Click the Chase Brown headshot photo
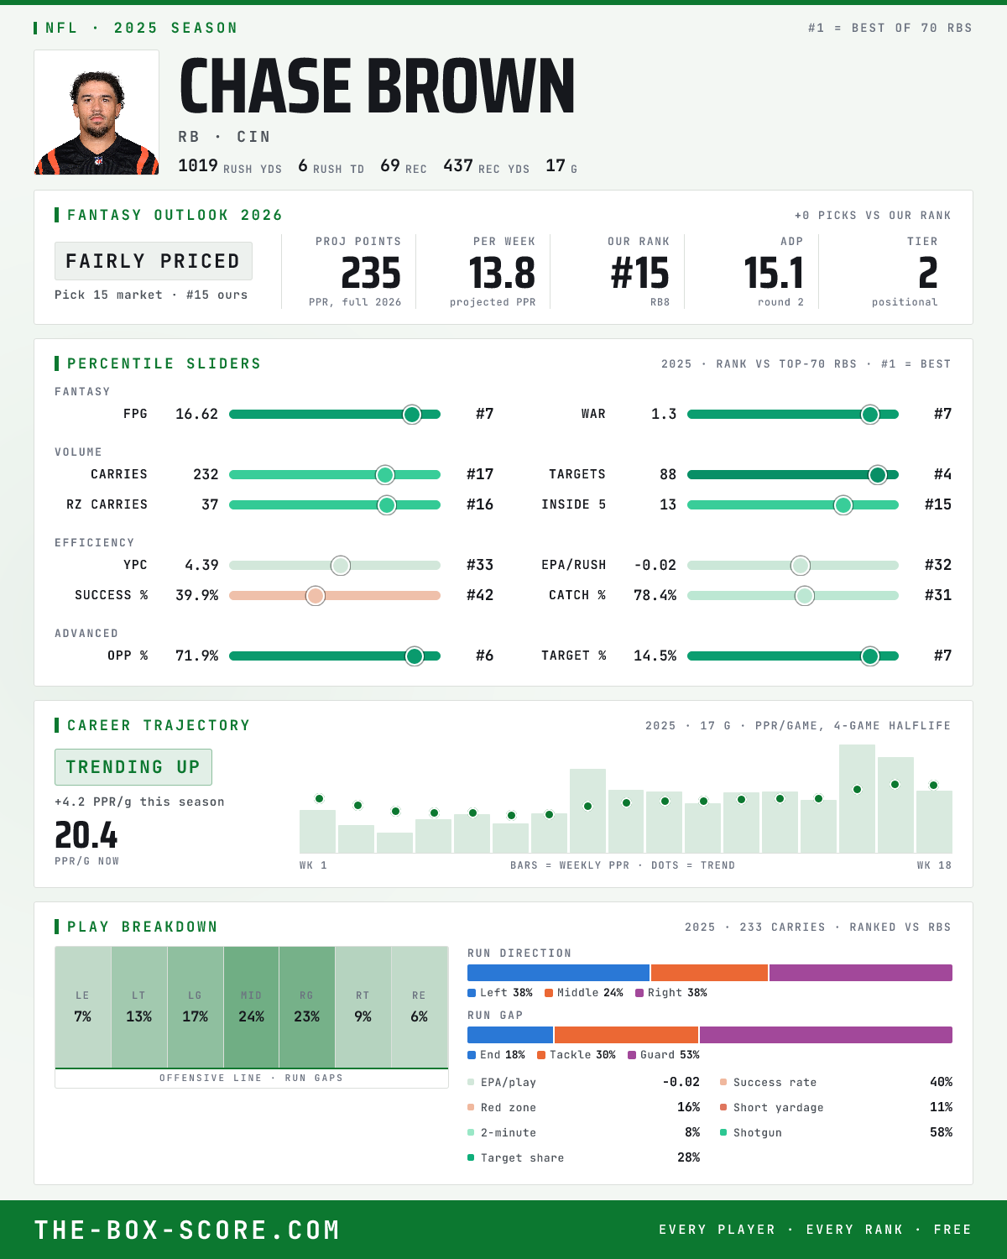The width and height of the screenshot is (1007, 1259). tap(97, 112)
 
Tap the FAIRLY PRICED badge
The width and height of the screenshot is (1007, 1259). tap(154, 261)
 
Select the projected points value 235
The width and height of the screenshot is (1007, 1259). tap(371, 274)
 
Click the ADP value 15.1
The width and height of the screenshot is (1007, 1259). tap(774, 274)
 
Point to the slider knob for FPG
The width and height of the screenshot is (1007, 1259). tap(412, 414)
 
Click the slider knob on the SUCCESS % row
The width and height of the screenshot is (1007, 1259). tap(316, 596)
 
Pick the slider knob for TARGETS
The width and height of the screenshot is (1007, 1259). tap(877, 474)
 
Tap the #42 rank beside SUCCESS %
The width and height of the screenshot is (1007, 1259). tap(480, 595)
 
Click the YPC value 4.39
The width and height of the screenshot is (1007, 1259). tap(201, 565)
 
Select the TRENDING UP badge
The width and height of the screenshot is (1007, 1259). tap(133, 767)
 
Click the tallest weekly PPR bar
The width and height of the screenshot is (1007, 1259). tap(857, 798)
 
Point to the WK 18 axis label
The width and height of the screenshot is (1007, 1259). tap(934, 865)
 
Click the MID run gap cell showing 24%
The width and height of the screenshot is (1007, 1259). tap(251, 1007)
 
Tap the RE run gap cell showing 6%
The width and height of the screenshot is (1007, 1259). tap(420, 1007)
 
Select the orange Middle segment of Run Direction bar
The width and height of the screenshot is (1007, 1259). tap(709, 972)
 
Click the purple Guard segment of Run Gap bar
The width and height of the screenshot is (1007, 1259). tap(826, 1034)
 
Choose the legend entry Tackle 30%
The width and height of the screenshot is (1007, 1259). tap(577, 1054)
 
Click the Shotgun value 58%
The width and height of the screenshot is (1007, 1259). tap(941, 1132)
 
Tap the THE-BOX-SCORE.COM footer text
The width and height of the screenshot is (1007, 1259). tap(187, 1229)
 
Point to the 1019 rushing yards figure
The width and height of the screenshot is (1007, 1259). tap(198, 165)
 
